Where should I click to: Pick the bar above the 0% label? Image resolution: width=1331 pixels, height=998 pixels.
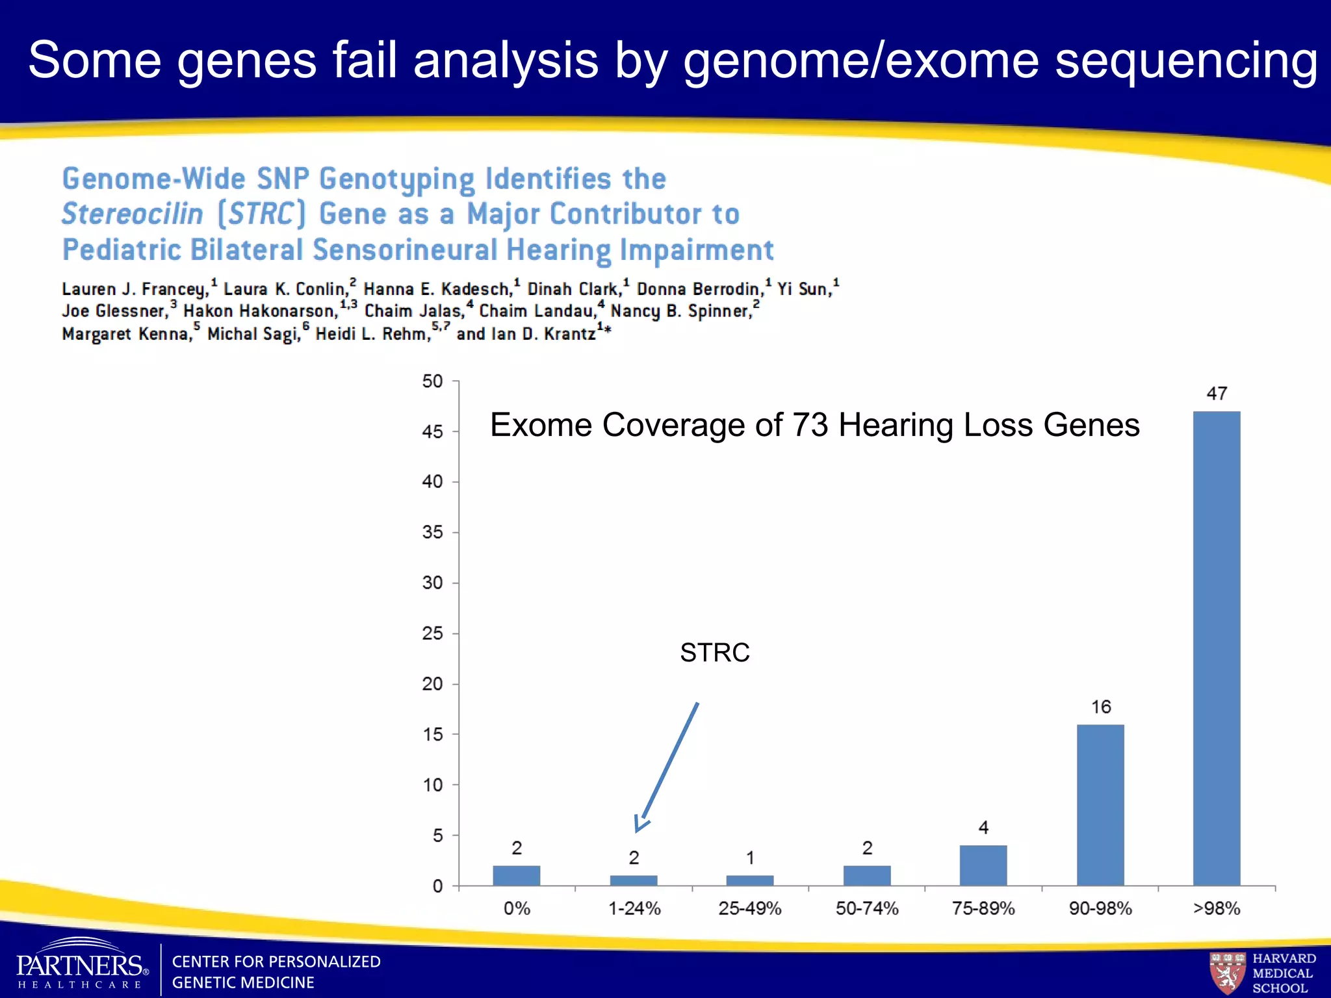[x=516, y=875]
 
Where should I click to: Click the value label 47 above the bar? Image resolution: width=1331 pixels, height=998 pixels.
[x=1217, y=393]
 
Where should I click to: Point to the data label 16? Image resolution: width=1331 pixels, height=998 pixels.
[x=1100, y=707]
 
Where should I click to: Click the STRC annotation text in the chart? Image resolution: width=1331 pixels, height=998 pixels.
[x=714, y=652]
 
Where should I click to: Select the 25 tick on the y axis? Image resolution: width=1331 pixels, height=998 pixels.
[x=432, y=633]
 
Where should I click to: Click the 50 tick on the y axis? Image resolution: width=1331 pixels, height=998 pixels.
[x=432, y=381]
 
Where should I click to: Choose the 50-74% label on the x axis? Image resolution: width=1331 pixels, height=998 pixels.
[x=866, y=908]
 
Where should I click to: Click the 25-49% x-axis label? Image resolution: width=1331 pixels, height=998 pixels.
[x=749, y=908]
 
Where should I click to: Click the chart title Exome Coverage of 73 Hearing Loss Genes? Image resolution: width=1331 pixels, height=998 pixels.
[x=814, y=425]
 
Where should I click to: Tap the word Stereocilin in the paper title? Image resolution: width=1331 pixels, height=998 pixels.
[x=133, y=214]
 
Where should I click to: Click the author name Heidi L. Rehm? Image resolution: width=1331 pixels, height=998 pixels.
[x=373, y=334]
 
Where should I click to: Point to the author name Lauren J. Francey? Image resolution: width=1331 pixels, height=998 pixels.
[x=135, y=289]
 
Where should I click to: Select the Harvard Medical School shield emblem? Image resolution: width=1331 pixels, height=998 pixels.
[x=1226, y=972]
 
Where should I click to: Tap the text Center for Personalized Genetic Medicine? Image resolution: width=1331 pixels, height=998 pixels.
[x=276, y=972]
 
